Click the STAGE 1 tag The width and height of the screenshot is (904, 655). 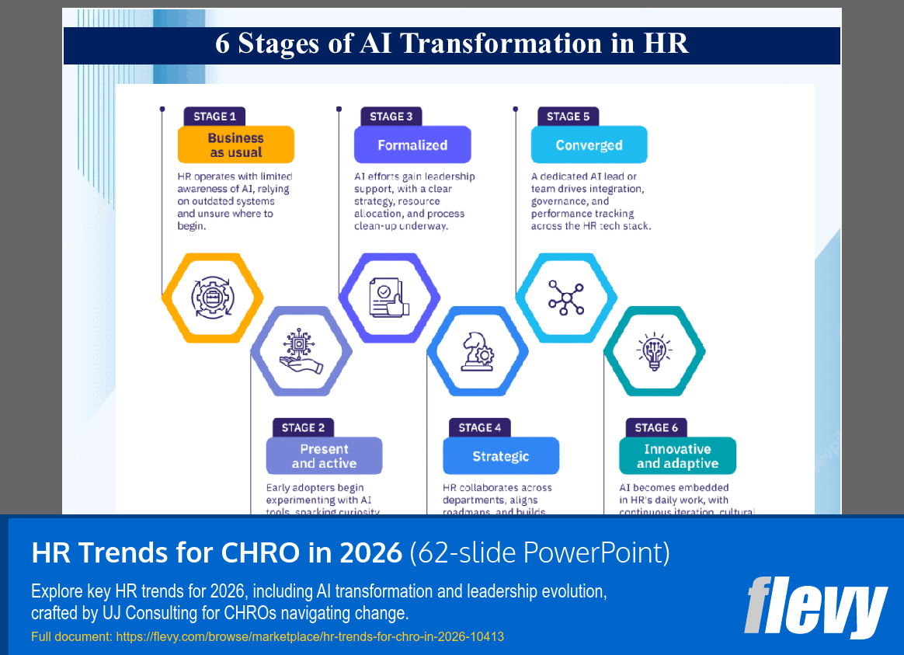click(x=214, y=117)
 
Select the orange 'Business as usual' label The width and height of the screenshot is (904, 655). click(x=235, y=145)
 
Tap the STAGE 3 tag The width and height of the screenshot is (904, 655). click(x=391, y=117)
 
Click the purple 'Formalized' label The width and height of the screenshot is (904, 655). click(x=412, y=145)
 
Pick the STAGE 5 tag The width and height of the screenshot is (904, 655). click(x=568, y=117)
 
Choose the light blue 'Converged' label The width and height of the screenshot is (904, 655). click(x=589, y=145)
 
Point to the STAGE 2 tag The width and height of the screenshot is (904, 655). click(x=303, y=427)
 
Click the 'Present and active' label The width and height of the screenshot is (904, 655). click(x=324, y=456)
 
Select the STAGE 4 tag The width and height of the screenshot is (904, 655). click(x=479, y=427)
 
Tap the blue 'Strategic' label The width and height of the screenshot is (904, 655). click(x=501, y=456)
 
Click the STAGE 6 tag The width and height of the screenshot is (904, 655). click(x=656, y=427)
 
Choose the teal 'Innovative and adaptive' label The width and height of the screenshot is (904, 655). click(x=677, y=456)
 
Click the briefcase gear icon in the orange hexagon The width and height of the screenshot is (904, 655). click(x=213, y=296)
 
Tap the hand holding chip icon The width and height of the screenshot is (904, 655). click(x=301, y=351)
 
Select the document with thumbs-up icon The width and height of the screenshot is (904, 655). click(x=389, y=296)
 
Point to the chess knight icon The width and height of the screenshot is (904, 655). click(x=478, y=351)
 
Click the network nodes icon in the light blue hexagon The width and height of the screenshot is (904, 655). click(x=566, y=296)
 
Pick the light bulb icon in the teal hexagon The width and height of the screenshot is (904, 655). click(x=655, y=351)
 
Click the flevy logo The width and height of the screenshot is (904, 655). click(x=815, y=606)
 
